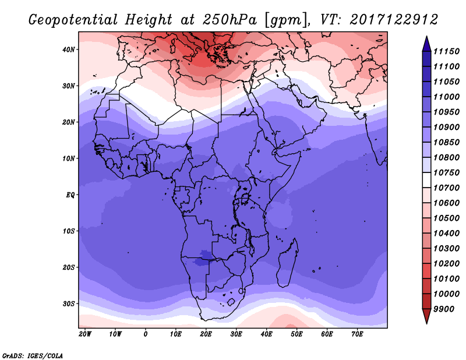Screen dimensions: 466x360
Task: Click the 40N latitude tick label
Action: click(x=69, y=50)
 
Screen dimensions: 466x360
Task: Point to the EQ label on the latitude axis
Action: click(x=70, y=195)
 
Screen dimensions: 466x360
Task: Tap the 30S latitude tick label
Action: click(x=69, y=304)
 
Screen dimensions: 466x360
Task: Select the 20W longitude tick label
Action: click(x=85, y=334)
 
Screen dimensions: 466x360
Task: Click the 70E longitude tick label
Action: click(x=357, y=334)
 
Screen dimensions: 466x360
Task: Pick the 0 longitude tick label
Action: click(x=145, y=334)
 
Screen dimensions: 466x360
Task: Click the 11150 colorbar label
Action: click(x=446, y=51)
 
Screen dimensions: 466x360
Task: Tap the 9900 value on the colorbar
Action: click(x=444, y=309)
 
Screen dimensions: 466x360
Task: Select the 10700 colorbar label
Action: click(x=446, y=188)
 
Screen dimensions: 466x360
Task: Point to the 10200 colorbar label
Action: click(x=446, y=264)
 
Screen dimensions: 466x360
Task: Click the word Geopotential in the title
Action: click(x=73, y=20)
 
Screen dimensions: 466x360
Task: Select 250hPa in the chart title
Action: click(x=230, y=20)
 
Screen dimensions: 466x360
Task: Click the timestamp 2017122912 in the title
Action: click(x=394, y=20)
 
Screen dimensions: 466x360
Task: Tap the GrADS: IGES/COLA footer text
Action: click(x=33, y=356)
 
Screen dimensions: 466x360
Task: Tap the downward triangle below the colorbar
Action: click(x=426, y=316)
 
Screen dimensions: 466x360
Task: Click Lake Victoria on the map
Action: click(x=245, y=198)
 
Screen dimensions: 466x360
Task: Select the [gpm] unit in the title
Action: click(x=285, y=20)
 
